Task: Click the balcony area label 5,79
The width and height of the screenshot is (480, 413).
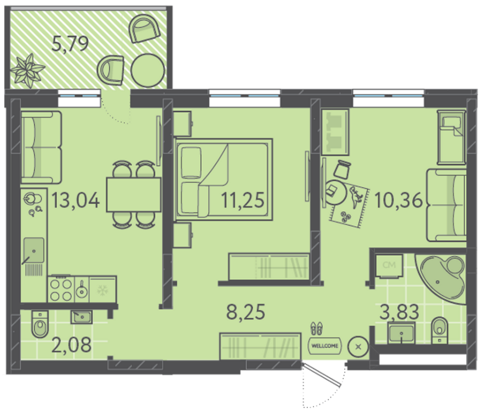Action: (x=70, y=43)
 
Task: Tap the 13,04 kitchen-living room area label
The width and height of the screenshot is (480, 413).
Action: (x=76, y=200)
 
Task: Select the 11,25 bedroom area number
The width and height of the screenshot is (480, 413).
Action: (x=242, y=200)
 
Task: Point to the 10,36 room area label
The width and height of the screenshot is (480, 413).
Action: (x=398, y=200)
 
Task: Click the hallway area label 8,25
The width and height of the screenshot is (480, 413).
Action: (x=245, y=312)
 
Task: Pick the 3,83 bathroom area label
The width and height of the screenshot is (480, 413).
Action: (x=399, y=312)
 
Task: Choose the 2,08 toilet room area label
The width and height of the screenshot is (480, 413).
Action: (x=71, y=345)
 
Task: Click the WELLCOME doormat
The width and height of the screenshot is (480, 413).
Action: (x=325, y=346)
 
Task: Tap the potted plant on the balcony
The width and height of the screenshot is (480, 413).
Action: (x=27, y=71)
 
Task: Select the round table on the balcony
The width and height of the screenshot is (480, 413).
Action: (x=148, y=70)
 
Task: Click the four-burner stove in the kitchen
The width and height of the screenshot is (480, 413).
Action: (x=61, y=289)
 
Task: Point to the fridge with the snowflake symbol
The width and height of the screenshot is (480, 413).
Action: (x=102, y=289)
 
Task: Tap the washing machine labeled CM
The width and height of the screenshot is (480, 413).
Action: (x=389, y=266)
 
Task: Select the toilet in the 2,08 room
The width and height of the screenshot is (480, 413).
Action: (x=40, y=324)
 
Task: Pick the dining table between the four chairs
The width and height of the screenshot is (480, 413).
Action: (x=134, y=194)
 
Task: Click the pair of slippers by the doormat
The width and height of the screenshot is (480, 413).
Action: (x=317, y=328)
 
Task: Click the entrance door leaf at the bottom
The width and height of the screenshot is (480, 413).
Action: (x=322, y=375)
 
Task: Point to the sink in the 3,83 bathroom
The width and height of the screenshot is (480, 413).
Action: (x=401, y=333)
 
